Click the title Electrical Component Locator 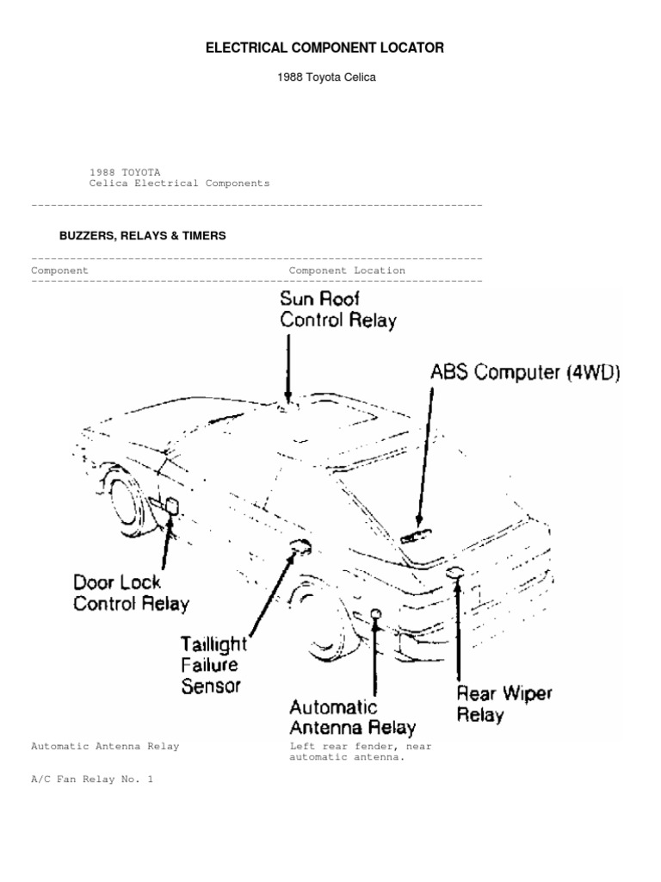tap(324, 48)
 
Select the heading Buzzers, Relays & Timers tap(142, 235)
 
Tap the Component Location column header tap(347, 270)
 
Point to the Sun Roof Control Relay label tap(337, 310)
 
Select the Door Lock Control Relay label tap(130, 593)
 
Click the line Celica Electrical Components tap(179, 183)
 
